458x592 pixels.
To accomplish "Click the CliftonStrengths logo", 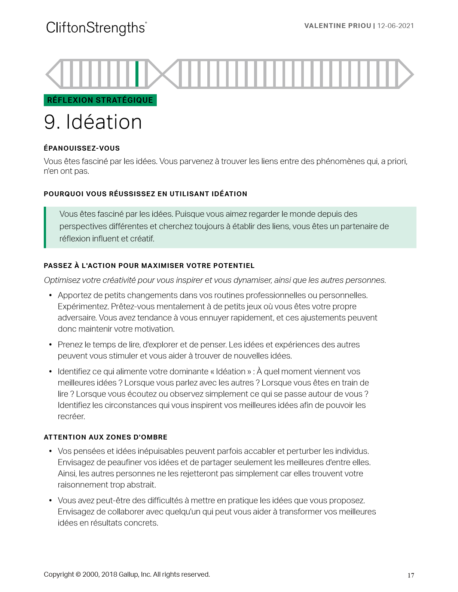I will click(96, 28).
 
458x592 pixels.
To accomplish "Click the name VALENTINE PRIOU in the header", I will click(338, 26).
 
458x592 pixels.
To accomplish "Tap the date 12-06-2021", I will click(396, 26).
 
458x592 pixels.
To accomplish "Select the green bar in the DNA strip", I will click(137, 74).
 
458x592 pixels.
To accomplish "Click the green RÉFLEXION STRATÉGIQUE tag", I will click(100, 100).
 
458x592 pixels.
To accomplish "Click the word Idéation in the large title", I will click(104, 122).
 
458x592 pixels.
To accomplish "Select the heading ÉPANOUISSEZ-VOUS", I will click(82, 148).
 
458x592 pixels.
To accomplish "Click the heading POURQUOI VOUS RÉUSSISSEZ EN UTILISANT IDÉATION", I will click(145, 194).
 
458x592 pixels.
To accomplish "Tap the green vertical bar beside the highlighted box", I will click(45, 227).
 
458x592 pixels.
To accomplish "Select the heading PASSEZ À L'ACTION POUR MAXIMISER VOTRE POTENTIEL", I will click(149, 266).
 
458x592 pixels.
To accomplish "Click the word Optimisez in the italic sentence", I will click(61, 280).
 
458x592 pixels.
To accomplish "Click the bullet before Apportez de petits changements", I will click(51, 296).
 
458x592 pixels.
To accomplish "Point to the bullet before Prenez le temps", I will click(51, 345).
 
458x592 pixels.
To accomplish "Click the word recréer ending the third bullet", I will click(71, 417).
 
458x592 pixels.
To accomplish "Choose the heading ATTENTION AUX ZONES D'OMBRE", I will click(106, 437).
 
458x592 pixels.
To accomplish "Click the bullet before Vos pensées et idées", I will click(51, 451).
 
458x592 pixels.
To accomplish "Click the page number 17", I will click(411, 575).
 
